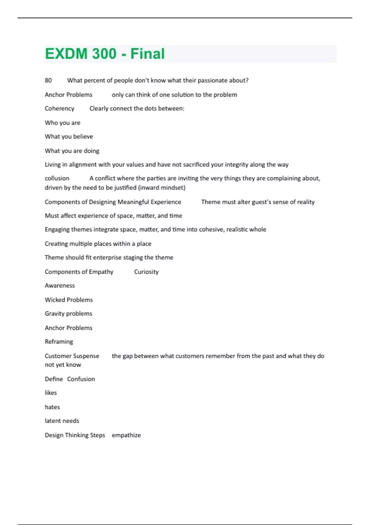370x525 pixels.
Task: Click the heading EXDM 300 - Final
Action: (x=105, y=54)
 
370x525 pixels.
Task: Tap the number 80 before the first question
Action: (x=48, y=80)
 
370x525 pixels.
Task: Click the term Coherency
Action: (x=60, y=108)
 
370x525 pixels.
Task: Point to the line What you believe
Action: (x=69, y=136)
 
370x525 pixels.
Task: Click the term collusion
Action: (x=57, y=178)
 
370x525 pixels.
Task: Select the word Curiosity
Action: (x=146, y=272)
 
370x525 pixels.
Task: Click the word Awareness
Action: (x=60, y=286)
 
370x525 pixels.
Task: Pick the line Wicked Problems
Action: (x=69, y=300)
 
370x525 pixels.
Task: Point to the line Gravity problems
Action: (x=68, y=314)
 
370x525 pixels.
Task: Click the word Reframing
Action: (x=59, y=342)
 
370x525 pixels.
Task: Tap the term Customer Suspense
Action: (x=72, y=356)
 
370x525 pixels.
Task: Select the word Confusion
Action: (x=81, y=379)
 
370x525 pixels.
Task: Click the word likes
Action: (x=51, y=393)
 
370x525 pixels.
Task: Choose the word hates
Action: (x=52, y=407)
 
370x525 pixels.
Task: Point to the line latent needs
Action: (x=62, y=421)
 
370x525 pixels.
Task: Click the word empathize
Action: (x=126, y=435)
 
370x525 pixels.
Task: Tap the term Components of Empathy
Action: (x=79, y=272)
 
